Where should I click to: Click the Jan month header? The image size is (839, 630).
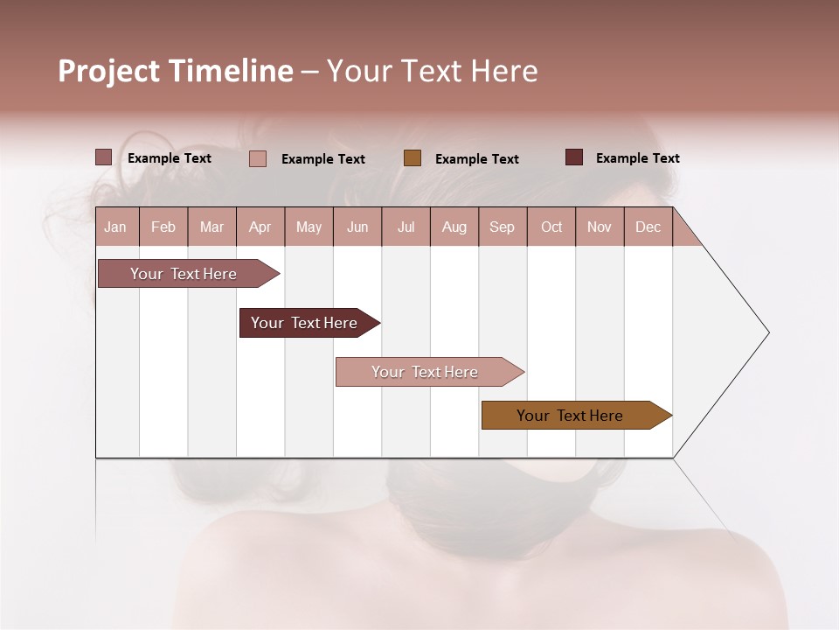click(x=116, y=227)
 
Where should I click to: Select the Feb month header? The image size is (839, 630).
click(x=163, y=227)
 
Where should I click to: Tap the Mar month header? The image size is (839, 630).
click(x=211, y=227)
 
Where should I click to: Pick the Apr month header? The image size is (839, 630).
click(x=260, y=227)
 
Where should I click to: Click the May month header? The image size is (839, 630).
click(x=309, y=227)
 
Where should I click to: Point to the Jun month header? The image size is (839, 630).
click(x=357, y=227)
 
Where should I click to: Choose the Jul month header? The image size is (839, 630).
click(x=406, y=227)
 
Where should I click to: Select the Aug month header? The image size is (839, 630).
click(x=454, y=227)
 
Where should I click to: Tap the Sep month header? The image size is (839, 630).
click(x=503, y=227)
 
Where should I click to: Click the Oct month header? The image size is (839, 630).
click(x=551, y=227)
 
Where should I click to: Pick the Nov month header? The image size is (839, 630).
click(x=600, y=227)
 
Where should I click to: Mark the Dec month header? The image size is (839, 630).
click(x=648, y=227)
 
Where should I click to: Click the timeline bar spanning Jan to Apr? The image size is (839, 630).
click(x=184, y=274)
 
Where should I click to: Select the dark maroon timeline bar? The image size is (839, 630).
click(x=305, y=323)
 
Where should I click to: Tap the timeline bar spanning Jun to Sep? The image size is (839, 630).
click(x=426, y=372)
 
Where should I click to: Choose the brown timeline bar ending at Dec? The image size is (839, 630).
click(x=571, y=416)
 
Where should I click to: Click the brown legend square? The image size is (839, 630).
click(x=413, y=158)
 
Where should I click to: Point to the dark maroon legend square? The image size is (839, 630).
click(x=574, y=157)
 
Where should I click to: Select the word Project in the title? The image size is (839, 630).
click(x=109, y=71)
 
